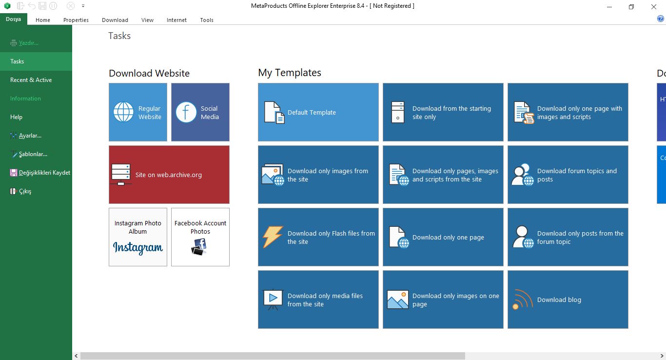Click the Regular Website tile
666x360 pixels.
[138, 112]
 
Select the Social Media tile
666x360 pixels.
[200, 112]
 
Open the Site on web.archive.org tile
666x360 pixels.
[169, 175]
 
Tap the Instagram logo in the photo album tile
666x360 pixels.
[137, 247]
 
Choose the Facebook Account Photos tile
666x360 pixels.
[200, 237]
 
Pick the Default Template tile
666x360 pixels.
[318, 112]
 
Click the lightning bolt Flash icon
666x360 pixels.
[273, 237]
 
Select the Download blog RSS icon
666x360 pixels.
[522, 300]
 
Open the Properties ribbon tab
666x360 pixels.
[76, 20]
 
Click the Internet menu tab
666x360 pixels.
[176, 20]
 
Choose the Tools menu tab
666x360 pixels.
[207, 20]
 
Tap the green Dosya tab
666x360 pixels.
[13, 19]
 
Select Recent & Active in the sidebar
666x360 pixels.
[31, 80]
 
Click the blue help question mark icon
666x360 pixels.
[660, 19]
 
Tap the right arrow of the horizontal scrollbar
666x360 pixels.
[662, 356]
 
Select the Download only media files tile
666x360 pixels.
[318, 300]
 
